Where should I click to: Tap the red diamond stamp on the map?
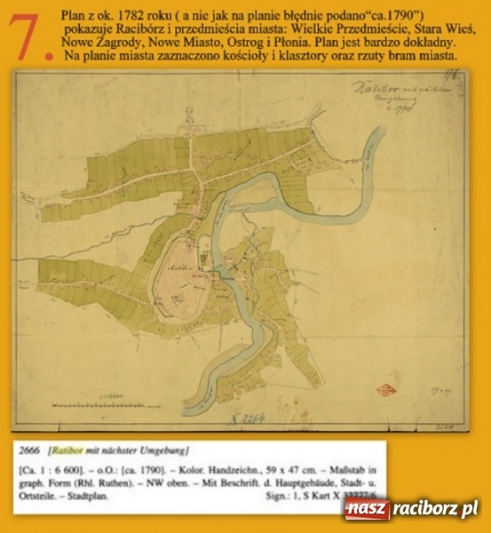pos(386,388)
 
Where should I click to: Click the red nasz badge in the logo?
pos(368,508)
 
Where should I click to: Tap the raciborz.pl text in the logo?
pos(435,508)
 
